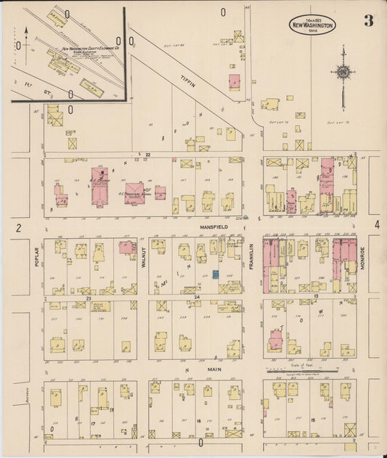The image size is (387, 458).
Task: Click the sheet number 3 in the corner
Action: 369,20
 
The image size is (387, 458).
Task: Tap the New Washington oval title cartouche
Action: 312,25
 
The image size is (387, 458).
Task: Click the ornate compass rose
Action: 341,73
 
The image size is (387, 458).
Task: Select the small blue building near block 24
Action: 216,274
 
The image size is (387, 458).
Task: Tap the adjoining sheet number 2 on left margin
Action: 20,229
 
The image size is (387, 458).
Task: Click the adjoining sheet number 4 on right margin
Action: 377,226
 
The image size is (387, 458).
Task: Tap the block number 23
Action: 88,298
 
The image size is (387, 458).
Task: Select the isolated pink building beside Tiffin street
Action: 235,82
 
